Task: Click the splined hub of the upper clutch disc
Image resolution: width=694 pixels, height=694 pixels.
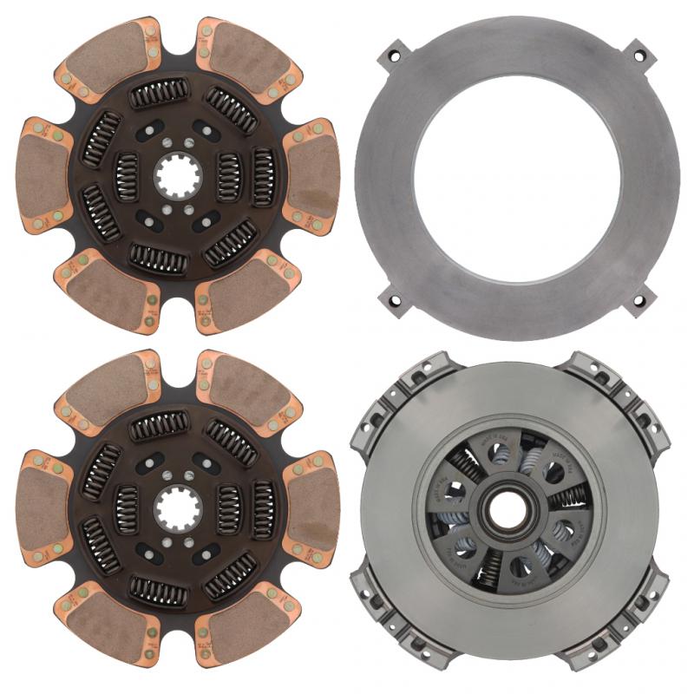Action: (x=178, y=177)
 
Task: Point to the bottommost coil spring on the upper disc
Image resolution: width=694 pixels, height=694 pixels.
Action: (x=159, y=258)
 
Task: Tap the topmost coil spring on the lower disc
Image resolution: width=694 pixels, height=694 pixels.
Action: (x=159, y=425)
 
